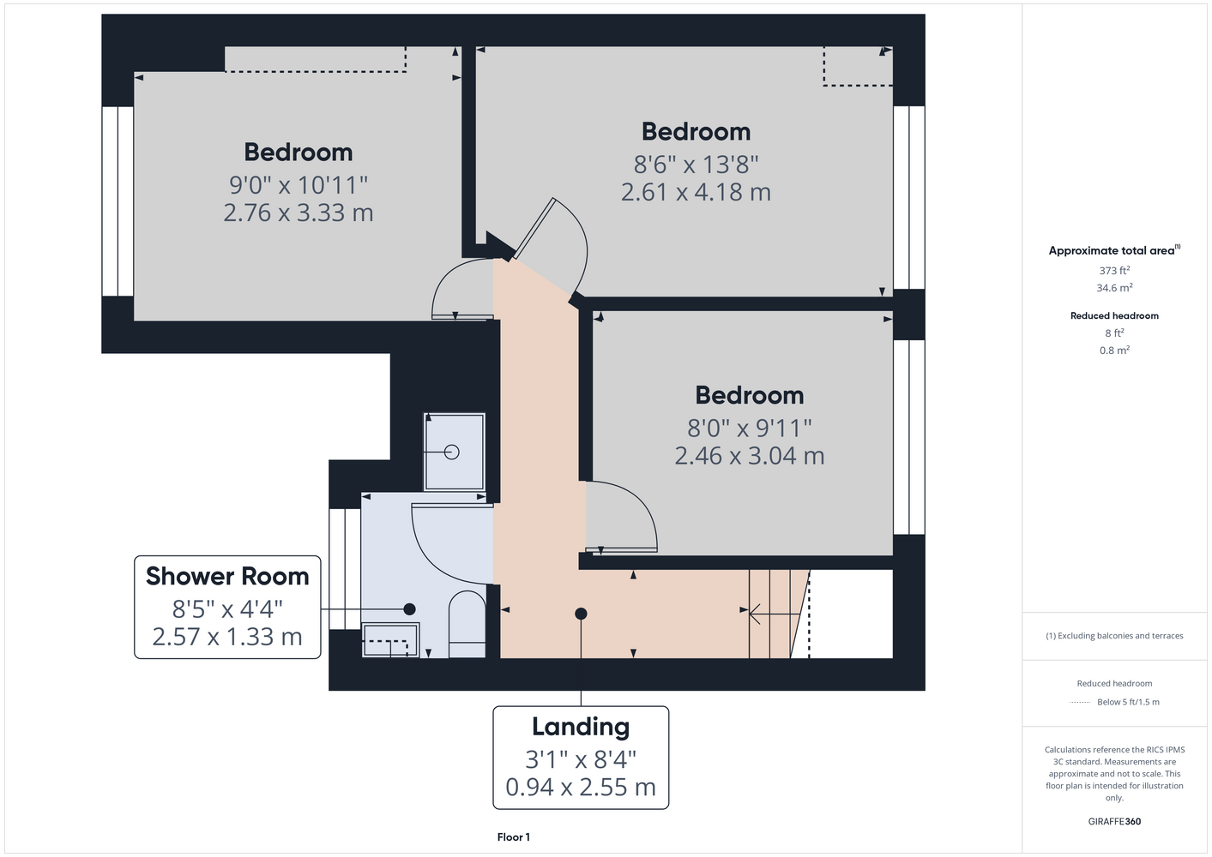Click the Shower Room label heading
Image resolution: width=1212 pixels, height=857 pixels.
[227, 577]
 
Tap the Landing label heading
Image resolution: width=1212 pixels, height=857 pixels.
[581, 728]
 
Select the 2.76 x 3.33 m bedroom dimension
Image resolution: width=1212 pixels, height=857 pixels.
[298, 213]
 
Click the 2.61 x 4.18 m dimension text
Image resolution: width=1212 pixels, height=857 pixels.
[696, 193]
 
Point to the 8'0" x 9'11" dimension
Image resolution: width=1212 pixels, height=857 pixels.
[750, 428]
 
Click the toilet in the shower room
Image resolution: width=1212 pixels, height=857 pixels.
[467, 624]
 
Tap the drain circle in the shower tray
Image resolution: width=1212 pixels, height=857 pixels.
[452, 452]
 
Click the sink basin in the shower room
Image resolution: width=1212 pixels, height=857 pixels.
[390, 640]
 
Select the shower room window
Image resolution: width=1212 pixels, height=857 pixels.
[345, 569]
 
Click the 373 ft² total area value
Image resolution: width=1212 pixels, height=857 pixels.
[1114, 270]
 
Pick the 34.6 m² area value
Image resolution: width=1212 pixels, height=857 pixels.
[1114, 288]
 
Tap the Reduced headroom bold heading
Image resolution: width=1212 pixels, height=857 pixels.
[1114, 315]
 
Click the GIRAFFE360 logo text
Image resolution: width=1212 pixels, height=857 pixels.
[1114, 821]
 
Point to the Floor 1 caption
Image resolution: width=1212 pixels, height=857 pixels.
[514, 837]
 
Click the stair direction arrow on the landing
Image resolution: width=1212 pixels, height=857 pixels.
[775, 614]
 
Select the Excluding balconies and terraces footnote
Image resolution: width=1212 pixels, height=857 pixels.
[1114, 636]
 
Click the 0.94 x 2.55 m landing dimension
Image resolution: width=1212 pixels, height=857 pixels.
[581, 788]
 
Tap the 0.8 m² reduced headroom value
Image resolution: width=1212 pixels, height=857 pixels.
[1114, 351]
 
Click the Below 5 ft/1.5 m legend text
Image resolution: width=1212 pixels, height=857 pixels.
[1128, 702]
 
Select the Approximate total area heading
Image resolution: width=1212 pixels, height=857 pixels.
[1114, 250]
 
